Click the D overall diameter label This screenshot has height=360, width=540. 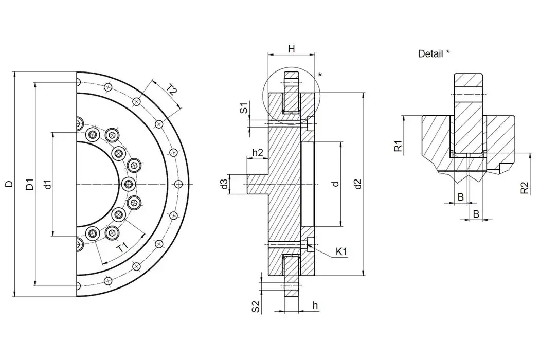point(9,184)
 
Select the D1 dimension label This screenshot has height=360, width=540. point(30,184)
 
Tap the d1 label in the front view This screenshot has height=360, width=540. point(47,184)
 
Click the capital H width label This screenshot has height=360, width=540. point(291,49)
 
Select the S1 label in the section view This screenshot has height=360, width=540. point(245,108)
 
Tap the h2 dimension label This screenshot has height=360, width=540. point(258,153)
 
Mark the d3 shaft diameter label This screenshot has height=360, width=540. point(224,184)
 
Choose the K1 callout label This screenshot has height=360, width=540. point(341,251)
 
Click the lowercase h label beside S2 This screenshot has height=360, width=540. point(315,305)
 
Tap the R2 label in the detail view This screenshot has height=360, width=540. point(524,188)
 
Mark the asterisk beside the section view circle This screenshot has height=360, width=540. point(320,75)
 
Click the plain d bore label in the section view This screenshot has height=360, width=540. point(335,184)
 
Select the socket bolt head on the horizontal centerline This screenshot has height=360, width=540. point(128,184)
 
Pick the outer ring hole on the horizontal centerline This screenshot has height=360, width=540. point(178,184)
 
